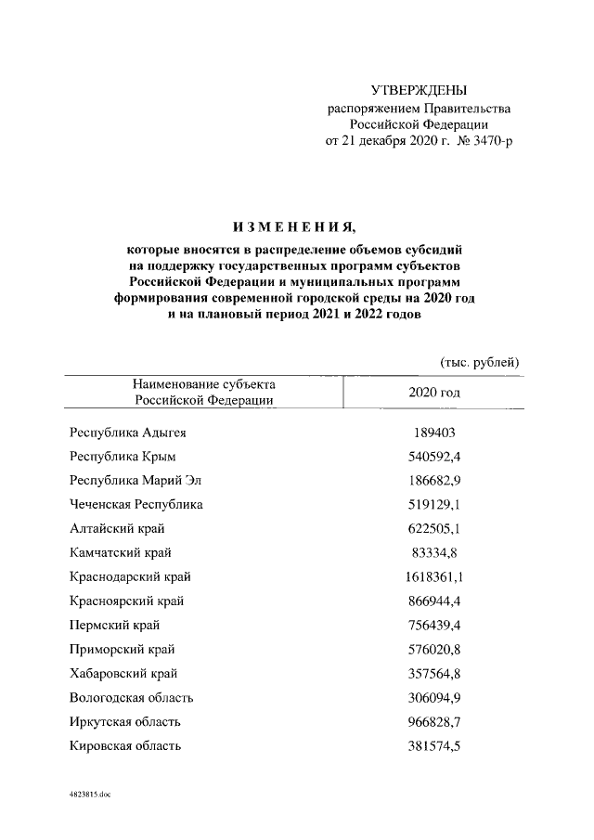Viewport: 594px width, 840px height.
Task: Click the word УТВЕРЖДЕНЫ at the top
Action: [x=419, y=90]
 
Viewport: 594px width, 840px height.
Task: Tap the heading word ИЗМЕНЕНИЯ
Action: [x=293, y=227]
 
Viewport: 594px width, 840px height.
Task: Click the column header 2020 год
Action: [x=434, y=392]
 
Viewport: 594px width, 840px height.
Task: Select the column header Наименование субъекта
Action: [x=203, y=383]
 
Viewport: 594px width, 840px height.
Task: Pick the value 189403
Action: [x=434, y=433]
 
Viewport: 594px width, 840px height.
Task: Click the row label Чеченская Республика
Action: [x=136, y=505]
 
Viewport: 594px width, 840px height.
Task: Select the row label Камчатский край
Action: [x=120, y=553]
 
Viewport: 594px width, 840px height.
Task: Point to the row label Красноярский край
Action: [x=126, y=601]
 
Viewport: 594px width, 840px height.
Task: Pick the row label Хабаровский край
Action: [x=123, y=674]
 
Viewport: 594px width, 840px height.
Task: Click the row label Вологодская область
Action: [x=132, y=698]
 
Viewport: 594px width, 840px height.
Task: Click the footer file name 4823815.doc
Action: [x=90, y=795]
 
